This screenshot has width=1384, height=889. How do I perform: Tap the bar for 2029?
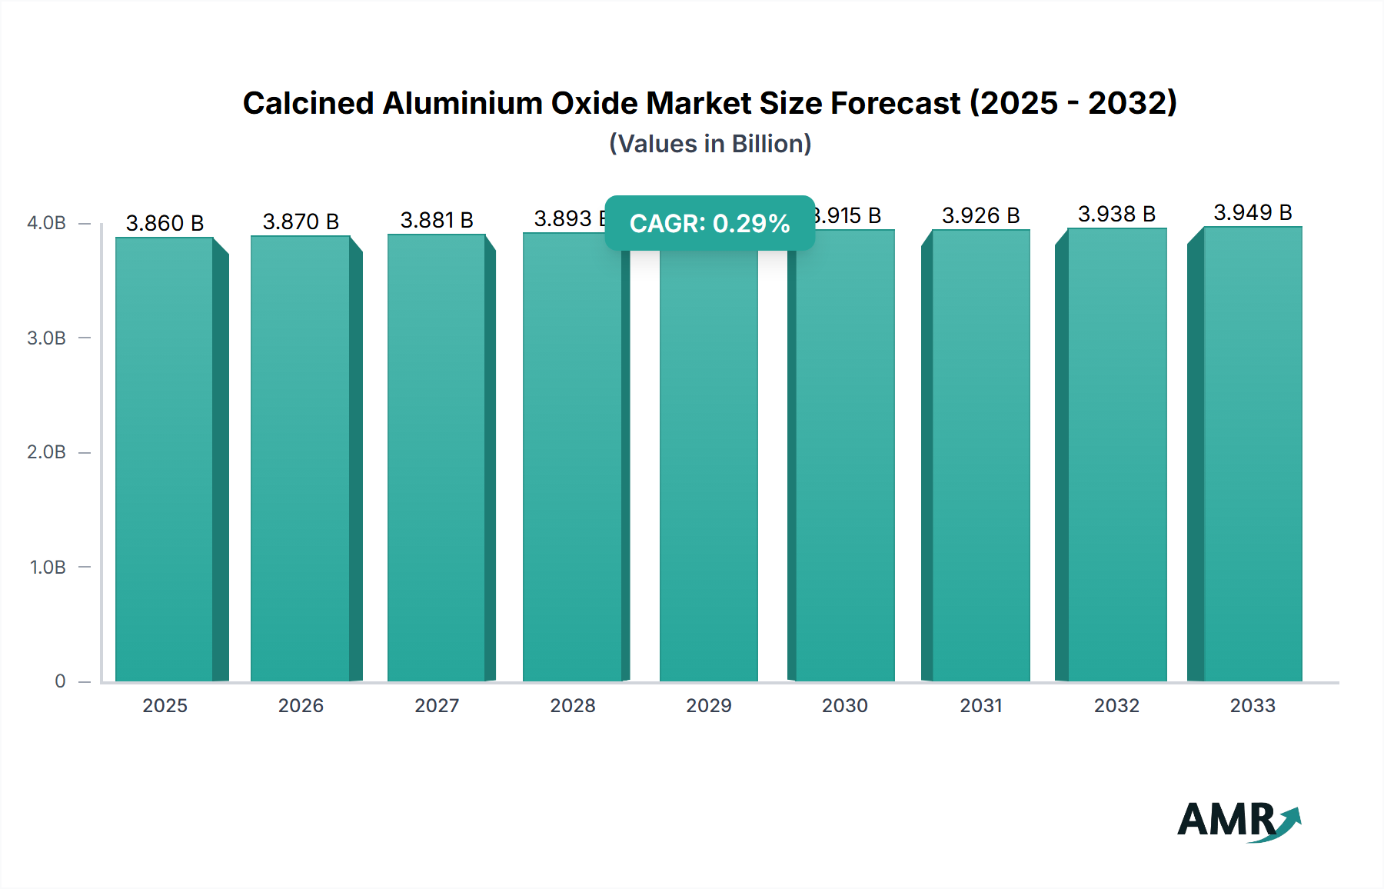pos(708,461)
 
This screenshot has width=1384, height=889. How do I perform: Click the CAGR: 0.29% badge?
pos(710,223)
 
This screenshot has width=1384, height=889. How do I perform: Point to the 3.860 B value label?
pos(165,223)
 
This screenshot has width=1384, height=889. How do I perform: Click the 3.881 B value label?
pos(437,220)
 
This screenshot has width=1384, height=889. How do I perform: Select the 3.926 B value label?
pos(980,215)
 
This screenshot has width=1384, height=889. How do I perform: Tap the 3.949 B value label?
pos(1253,212)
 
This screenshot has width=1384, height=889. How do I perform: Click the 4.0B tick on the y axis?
pos(47,223)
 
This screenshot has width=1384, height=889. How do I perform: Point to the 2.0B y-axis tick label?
pos(47,452)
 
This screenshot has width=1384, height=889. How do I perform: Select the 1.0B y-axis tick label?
pos(48,568)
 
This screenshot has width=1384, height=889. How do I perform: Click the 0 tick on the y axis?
pos(60,681)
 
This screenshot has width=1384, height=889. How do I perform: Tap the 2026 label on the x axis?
pos(301,705)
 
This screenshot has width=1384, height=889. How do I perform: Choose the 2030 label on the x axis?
pos(844,705)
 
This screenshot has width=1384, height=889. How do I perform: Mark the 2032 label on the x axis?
pos(1116,705)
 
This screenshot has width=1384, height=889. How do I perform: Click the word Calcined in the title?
pos(308,103)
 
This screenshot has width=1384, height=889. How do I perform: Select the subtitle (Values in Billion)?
pos(710,144)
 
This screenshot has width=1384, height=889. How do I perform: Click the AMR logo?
pos(1238,821)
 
